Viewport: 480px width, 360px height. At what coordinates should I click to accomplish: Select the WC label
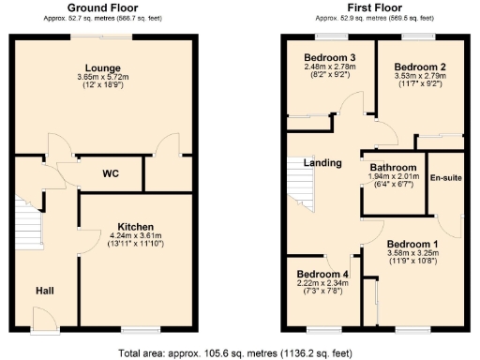[x=111, y=172]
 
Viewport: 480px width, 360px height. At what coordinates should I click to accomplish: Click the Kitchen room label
[x=137, y=226]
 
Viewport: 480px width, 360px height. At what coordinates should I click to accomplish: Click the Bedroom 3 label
[x=327, y=57]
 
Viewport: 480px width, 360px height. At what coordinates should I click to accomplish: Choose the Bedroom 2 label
[x=418, y=67]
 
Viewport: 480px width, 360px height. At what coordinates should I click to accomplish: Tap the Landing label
[x=322, y=163]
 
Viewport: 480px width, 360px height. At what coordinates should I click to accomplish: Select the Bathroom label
[x=394, y=167]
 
